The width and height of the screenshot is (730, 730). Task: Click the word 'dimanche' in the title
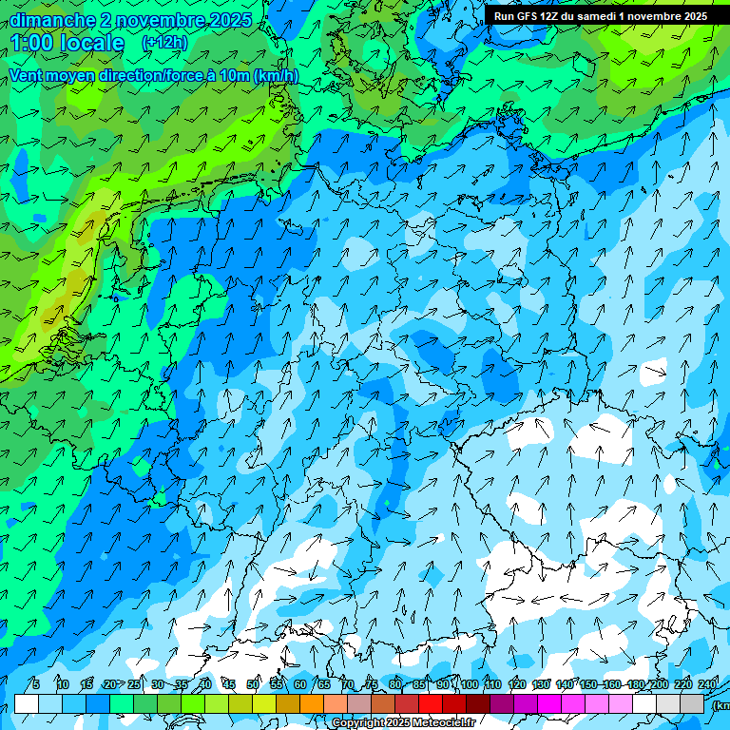coord(52,20)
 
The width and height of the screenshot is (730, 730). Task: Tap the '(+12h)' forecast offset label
coord(164,43)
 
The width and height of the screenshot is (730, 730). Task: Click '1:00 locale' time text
coord(67,43)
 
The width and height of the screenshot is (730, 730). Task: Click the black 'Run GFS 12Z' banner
coord(600,16)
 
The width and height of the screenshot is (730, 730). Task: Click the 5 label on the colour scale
coord(35,684)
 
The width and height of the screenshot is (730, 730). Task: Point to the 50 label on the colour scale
coord(253,684)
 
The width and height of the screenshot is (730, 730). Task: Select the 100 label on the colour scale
coord(470,684)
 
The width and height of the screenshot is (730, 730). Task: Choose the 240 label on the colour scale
coord(708,684)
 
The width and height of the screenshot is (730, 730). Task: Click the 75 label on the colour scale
coord(372,684)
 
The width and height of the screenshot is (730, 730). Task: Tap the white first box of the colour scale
coord(27,703)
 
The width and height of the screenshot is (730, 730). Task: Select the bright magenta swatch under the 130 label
coord(549,703)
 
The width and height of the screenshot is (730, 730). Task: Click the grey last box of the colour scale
coord(692,703)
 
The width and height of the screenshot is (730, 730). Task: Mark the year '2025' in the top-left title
coord(231,20)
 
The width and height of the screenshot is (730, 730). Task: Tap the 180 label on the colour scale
coord(636,684)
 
